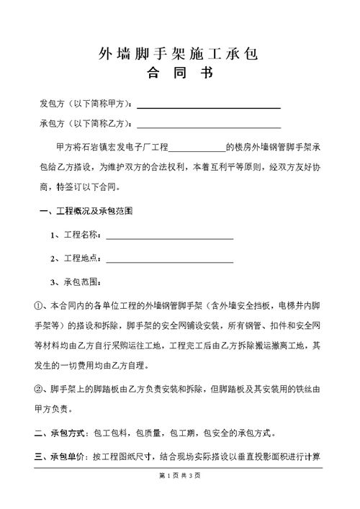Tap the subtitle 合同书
coord(180,73)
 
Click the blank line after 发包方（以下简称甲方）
coord(208,107)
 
